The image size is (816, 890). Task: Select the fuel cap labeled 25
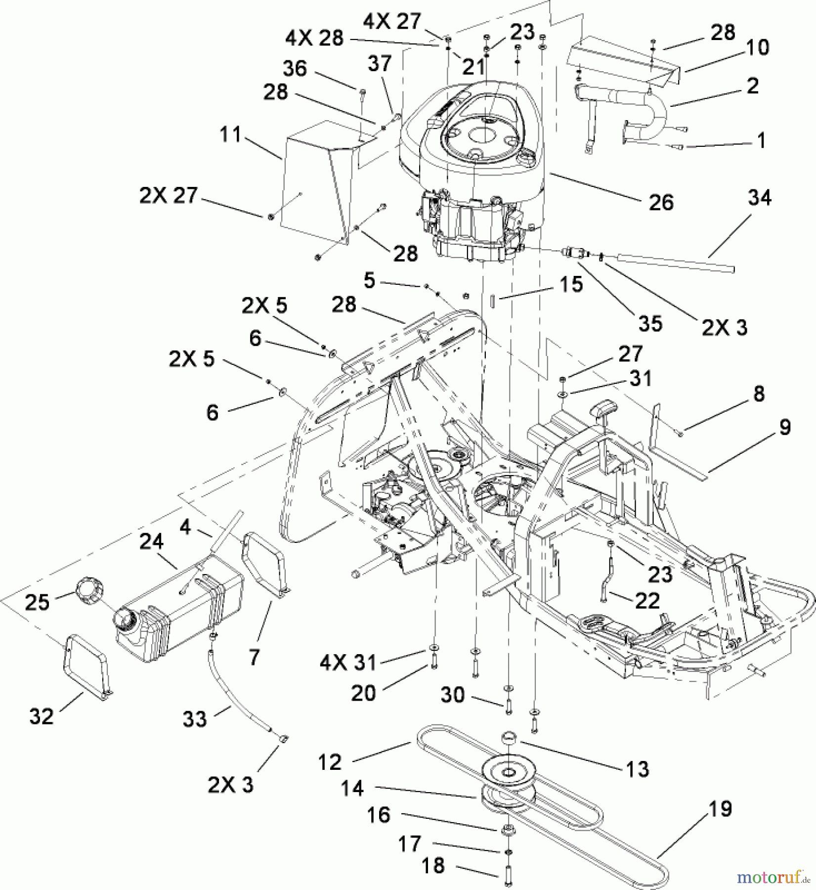(87, 592)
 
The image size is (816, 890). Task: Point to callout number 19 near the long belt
(720, 809)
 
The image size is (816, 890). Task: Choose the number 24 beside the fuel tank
(151, 542)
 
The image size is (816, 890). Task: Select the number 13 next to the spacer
(637, 769)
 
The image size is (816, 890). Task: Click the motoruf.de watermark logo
(773, 878)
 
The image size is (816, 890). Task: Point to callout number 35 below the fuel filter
(650, 324)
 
